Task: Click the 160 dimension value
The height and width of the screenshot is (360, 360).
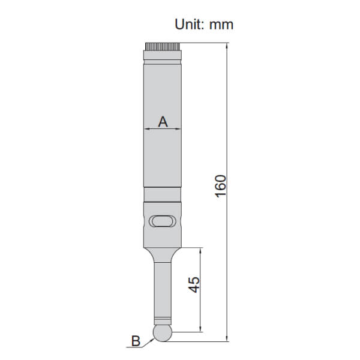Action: (221, 186)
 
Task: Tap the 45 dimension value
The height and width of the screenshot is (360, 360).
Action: (194, 284)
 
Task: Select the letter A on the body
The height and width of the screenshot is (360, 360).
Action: (163, 122)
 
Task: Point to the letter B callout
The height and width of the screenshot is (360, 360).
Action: (136, 341)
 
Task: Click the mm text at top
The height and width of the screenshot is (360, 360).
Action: (221, 25)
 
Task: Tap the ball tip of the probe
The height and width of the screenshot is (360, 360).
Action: (163, 332)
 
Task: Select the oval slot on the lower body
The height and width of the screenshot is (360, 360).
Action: (163, 221)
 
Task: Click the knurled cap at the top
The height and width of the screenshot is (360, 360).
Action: (163, 47)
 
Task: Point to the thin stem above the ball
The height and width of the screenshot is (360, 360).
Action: (163, 290)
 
